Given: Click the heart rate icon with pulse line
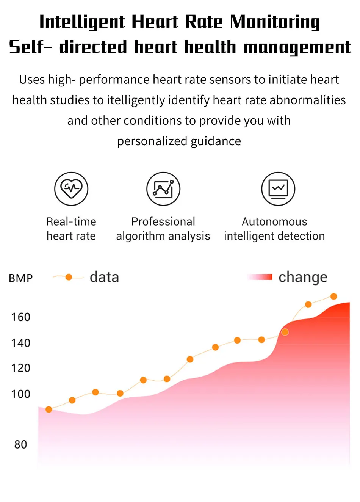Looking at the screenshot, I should [71, 188].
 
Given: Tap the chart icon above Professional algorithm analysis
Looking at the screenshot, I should [163, 188].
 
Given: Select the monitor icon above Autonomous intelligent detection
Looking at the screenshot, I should [278, 188].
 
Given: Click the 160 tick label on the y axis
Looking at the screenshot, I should [20, 317].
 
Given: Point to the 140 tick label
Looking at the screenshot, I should [20, 343].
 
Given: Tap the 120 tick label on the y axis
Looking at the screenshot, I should [20, 368].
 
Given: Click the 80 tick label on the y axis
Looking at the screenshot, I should [20, 444].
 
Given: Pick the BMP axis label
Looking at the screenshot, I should [21, 278].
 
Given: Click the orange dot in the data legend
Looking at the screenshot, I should [69, 277].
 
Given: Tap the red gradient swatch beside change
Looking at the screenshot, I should [260, 277].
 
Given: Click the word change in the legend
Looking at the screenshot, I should [302, 278].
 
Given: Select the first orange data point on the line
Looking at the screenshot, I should [49, 409].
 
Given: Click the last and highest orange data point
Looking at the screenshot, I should [333, 296].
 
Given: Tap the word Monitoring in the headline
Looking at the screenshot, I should [275, 22].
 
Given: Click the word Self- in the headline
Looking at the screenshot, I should [30, 47].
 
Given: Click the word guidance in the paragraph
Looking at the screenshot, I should [216, 141].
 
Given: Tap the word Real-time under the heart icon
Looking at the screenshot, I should [71, 221].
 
